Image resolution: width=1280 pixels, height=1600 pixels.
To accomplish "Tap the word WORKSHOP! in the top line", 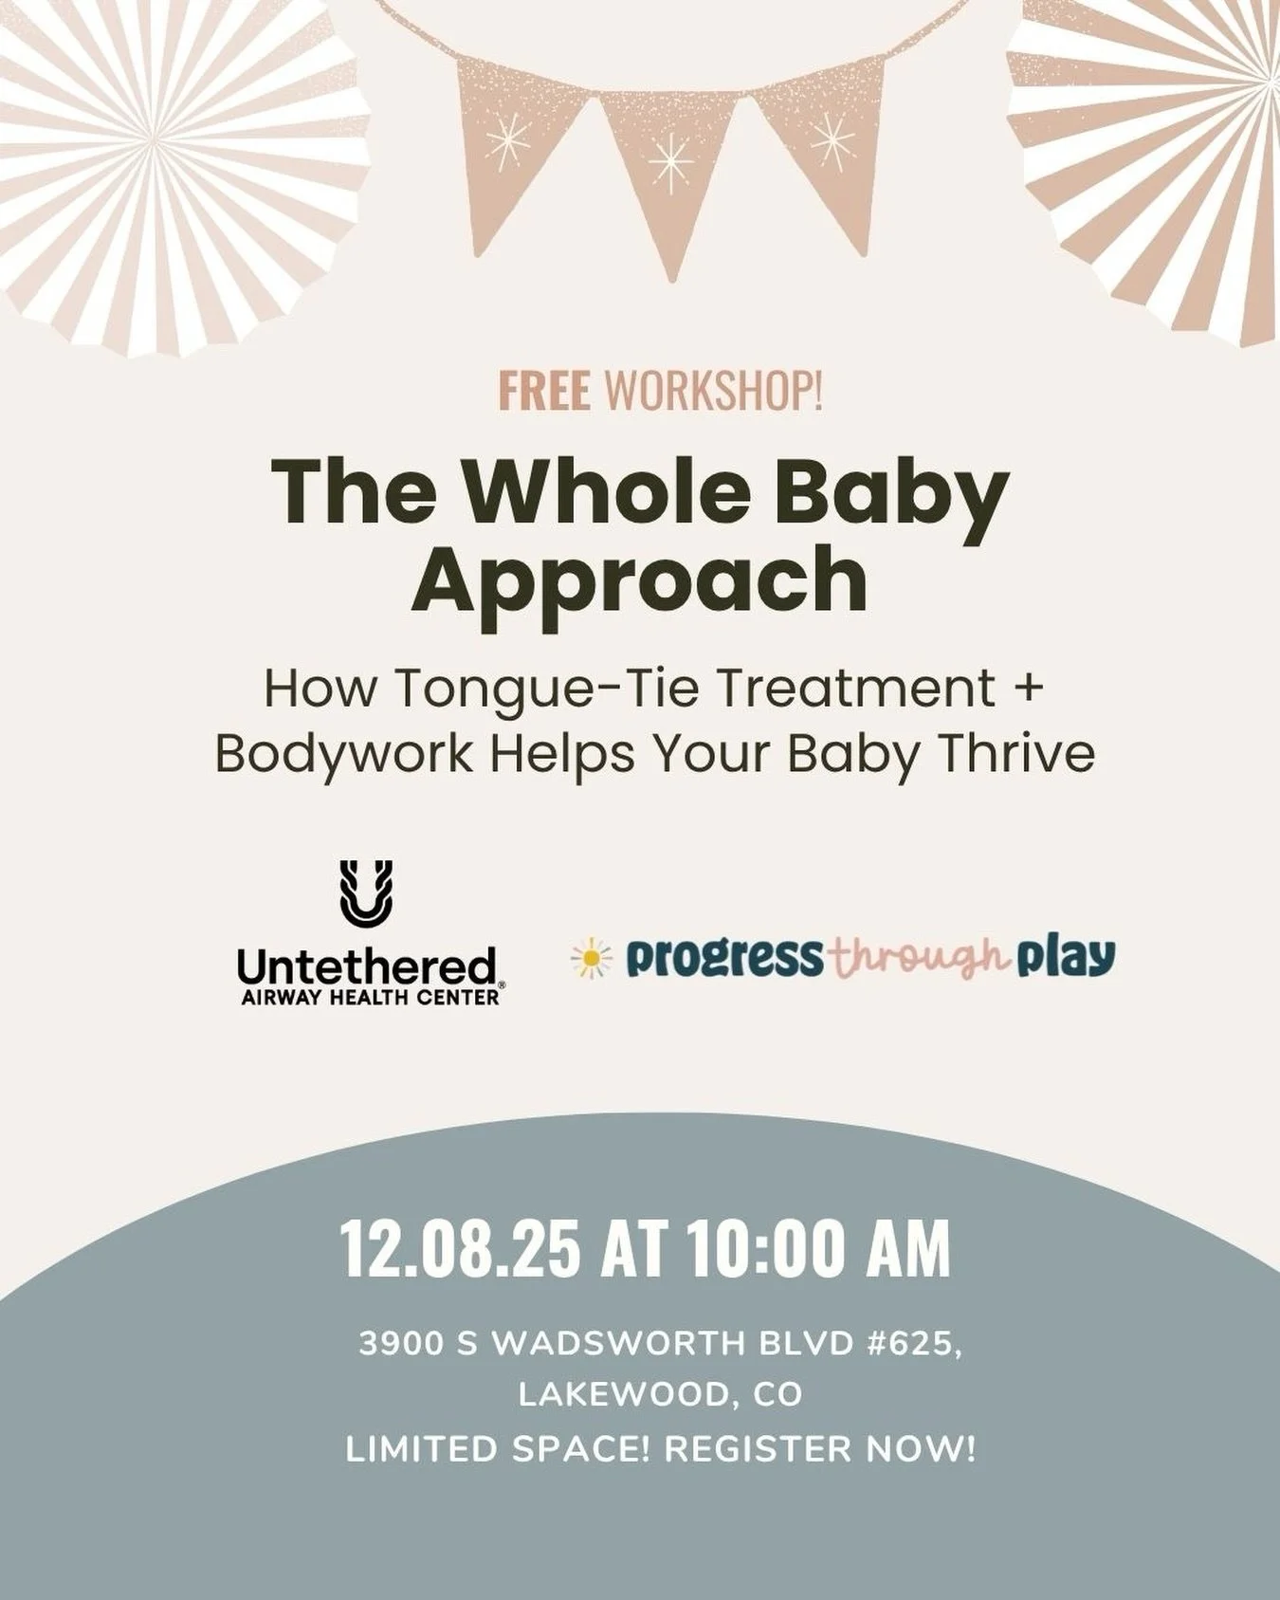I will click(712, 393).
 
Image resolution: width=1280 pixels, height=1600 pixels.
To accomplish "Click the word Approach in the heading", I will click(639, 579).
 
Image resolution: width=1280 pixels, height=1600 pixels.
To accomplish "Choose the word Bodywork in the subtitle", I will click(343, 754).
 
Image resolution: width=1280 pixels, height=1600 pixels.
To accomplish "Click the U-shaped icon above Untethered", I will click(366, 892).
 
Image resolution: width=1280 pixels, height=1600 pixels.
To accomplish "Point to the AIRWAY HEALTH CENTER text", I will click(370, 998).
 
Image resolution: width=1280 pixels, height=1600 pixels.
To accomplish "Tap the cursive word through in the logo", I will click(916, 960).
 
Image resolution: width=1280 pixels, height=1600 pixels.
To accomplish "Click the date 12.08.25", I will click(459, 1250).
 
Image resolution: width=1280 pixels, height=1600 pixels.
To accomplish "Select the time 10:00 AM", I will click(819, 1250).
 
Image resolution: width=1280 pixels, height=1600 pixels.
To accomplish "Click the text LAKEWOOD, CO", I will click(660, 1394).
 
